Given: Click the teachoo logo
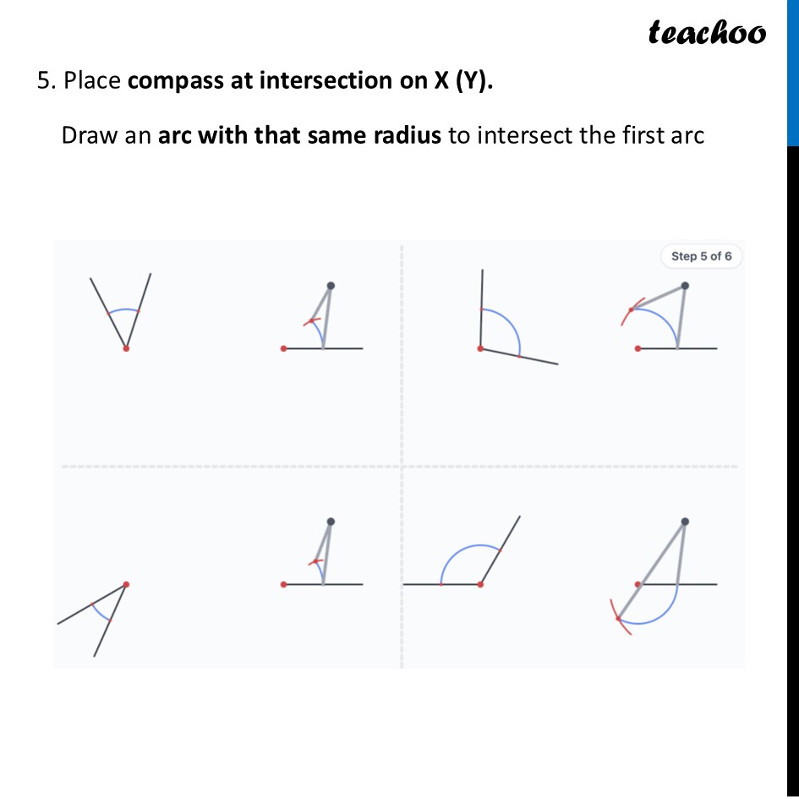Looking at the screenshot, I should coord(707,33).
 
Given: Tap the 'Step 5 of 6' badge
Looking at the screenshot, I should coord(701,256).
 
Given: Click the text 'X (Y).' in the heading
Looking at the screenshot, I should coord(463,81).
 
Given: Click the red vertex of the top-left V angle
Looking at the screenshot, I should coord(126,348).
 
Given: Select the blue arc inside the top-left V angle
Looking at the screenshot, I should coord(123,310).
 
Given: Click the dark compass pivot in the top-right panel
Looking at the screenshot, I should coord(684,286).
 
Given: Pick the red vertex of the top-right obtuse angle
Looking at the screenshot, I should coord(481,348).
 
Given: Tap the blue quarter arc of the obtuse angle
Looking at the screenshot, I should coord(512,325).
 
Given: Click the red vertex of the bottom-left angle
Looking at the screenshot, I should coord(126,583).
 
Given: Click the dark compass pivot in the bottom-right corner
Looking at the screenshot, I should coord(684,522).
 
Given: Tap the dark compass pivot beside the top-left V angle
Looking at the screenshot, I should coord(330,286).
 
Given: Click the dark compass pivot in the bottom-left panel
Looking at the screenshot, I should coord(330,522).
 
